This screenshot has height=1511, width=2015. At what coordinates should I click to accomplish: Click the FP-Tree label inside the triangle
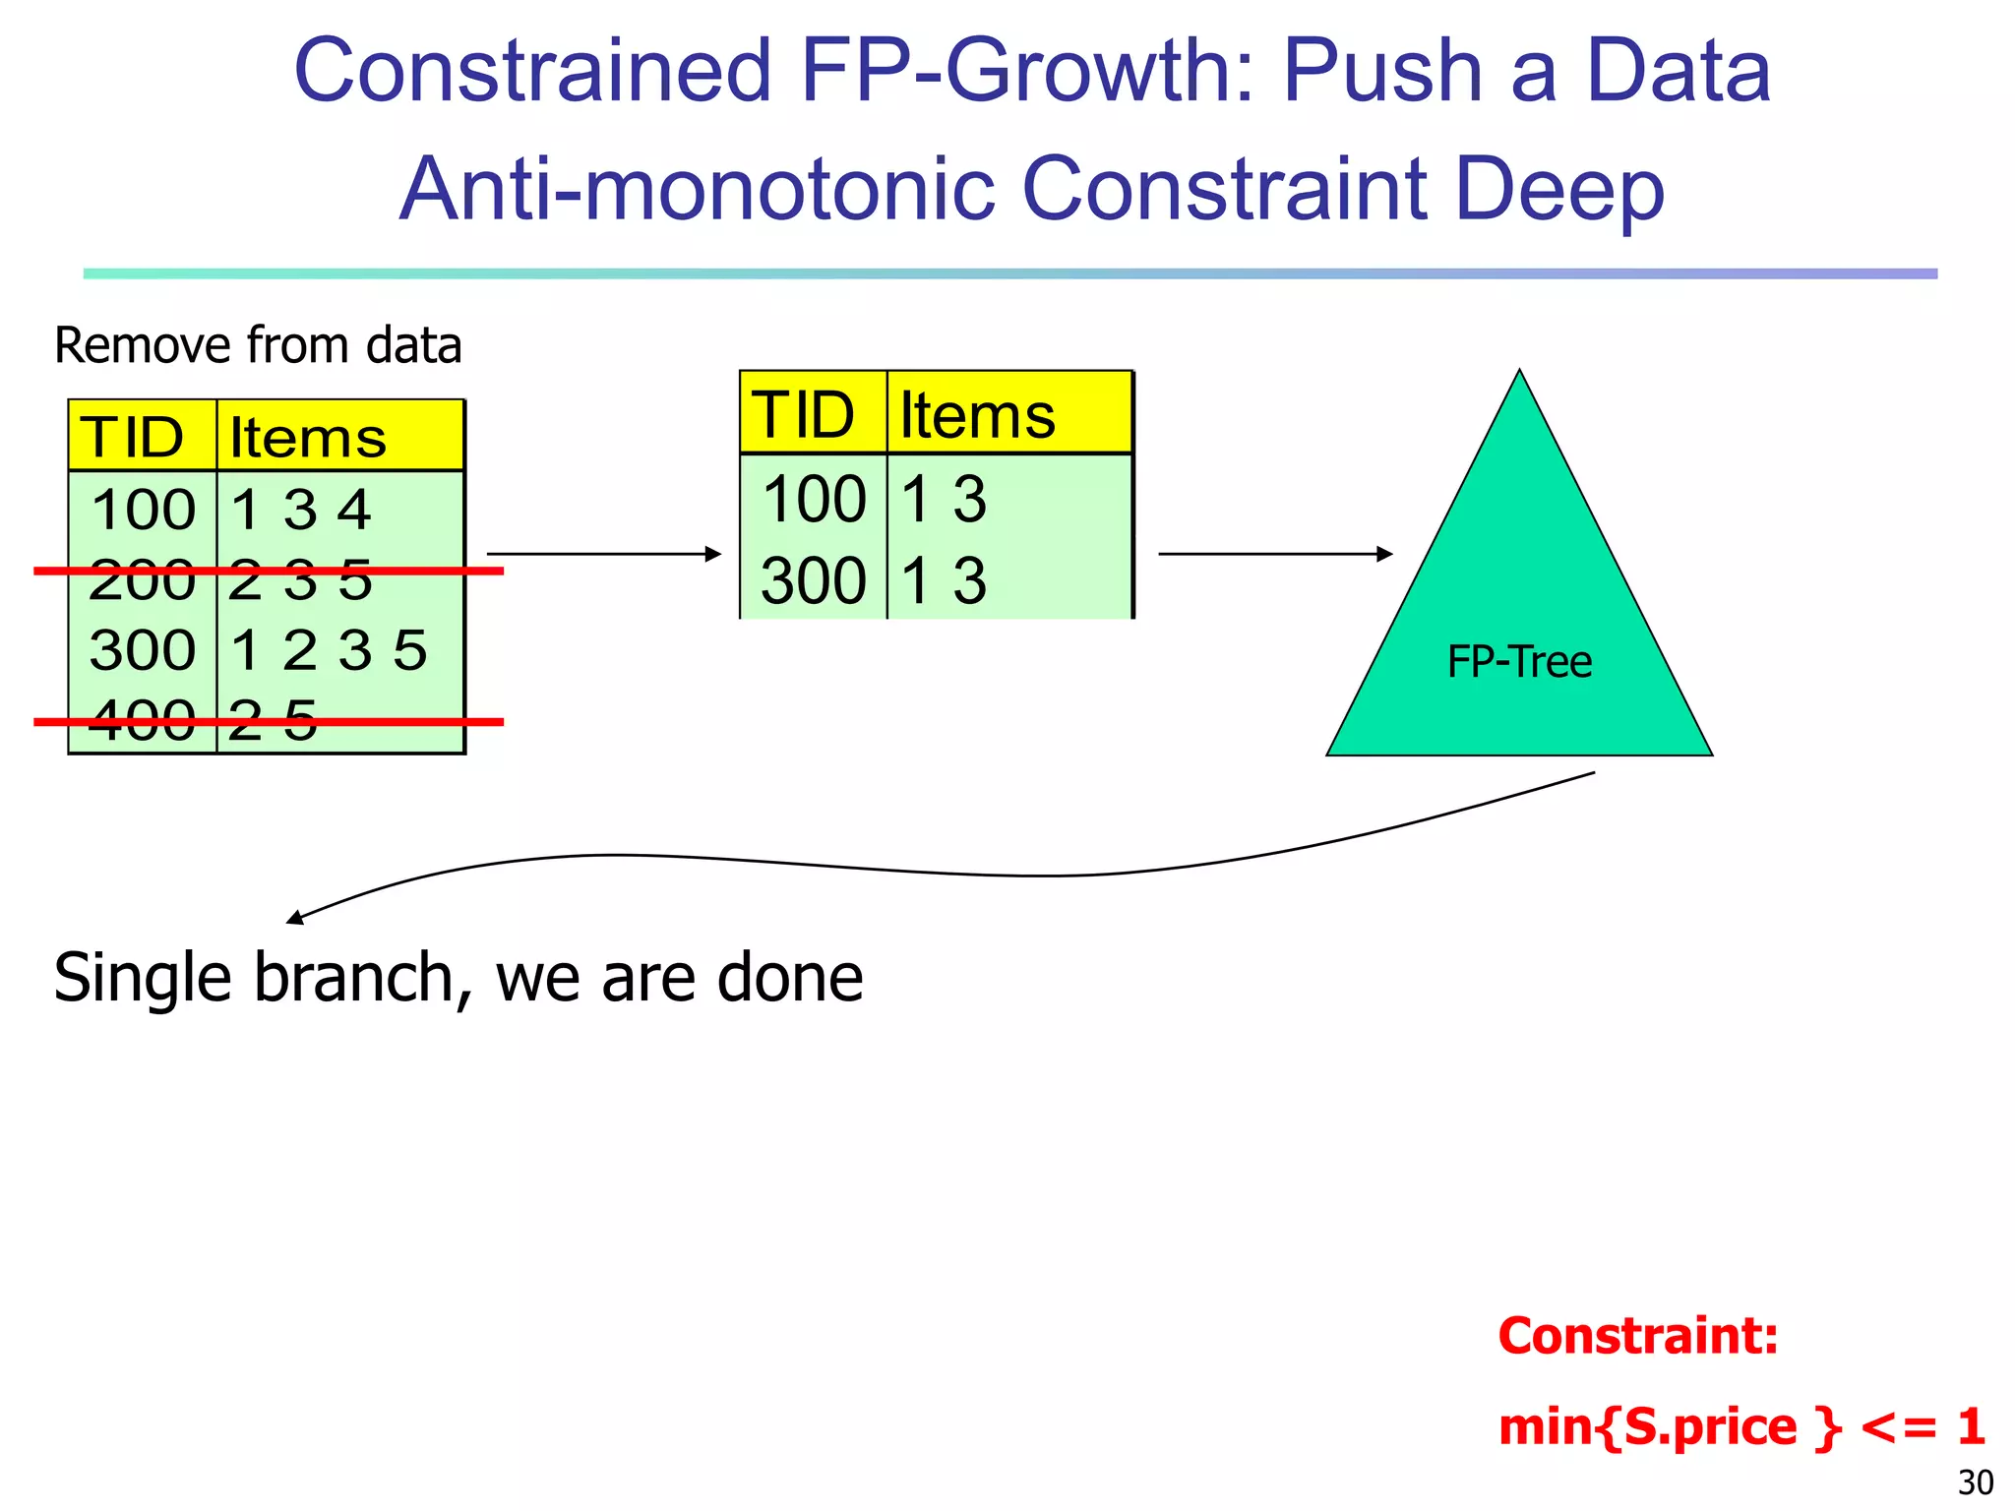pyautogui.click(x=1519, y=662)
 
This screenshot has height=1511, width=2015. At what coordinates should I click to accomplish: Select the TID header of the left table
pyautogui.click(x=133, y=438)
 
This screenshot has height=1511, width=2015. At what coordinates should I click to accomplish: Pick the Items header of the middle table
pyautogui.click(x=977, y=415)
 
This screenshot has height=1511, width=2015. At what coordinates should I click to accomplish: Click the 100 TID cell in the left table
pyautogui.click(x=144, y=510)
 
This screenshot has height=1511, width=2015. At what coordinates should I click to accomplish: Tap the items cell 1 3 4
pyautogui.click(x=300, y=510)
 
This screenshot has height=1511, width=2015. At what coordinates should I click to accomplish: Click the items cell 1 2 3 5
pyautogui.click(x=329, y=650)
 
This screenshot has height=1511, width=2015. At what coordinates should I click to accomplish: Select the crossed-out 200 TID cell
pyautogui.click(x=144, y=580)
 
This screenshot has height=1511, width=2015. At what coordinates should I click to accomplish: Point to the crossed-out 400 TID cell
pyautogui.click(x=144, y=721)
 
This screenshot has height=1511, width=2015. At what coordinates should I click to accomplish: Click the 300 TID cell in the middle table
pyautogui.click(x=813, y=580)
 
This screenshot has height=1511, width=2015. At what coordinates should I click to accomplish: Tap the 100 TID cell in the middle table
pyautogui.click(x=813, y=499)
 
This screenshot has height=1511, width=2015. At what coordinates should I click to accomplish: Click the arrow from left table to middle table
pyautogui.click(x=603, y=554)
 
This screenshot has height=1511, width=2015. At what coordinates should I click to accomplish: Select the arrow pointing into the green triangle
pyautogui.click(x=1274, y=554)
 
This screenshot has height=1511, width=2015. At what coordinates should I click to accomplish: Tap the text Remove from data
pyautogui.click(x=258, y=346)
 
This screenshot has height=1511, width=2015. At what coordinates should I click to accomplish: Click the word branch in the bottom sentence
pyautogui.click(x=354, y=978)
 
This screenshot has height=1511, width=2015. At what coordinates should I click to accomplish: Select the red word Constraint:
pyautogui.click(x=1638, y=1337)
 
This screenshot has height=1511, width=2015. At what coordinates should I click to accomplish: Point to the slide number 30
pyautogui.click(x=1976, y=1481)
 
